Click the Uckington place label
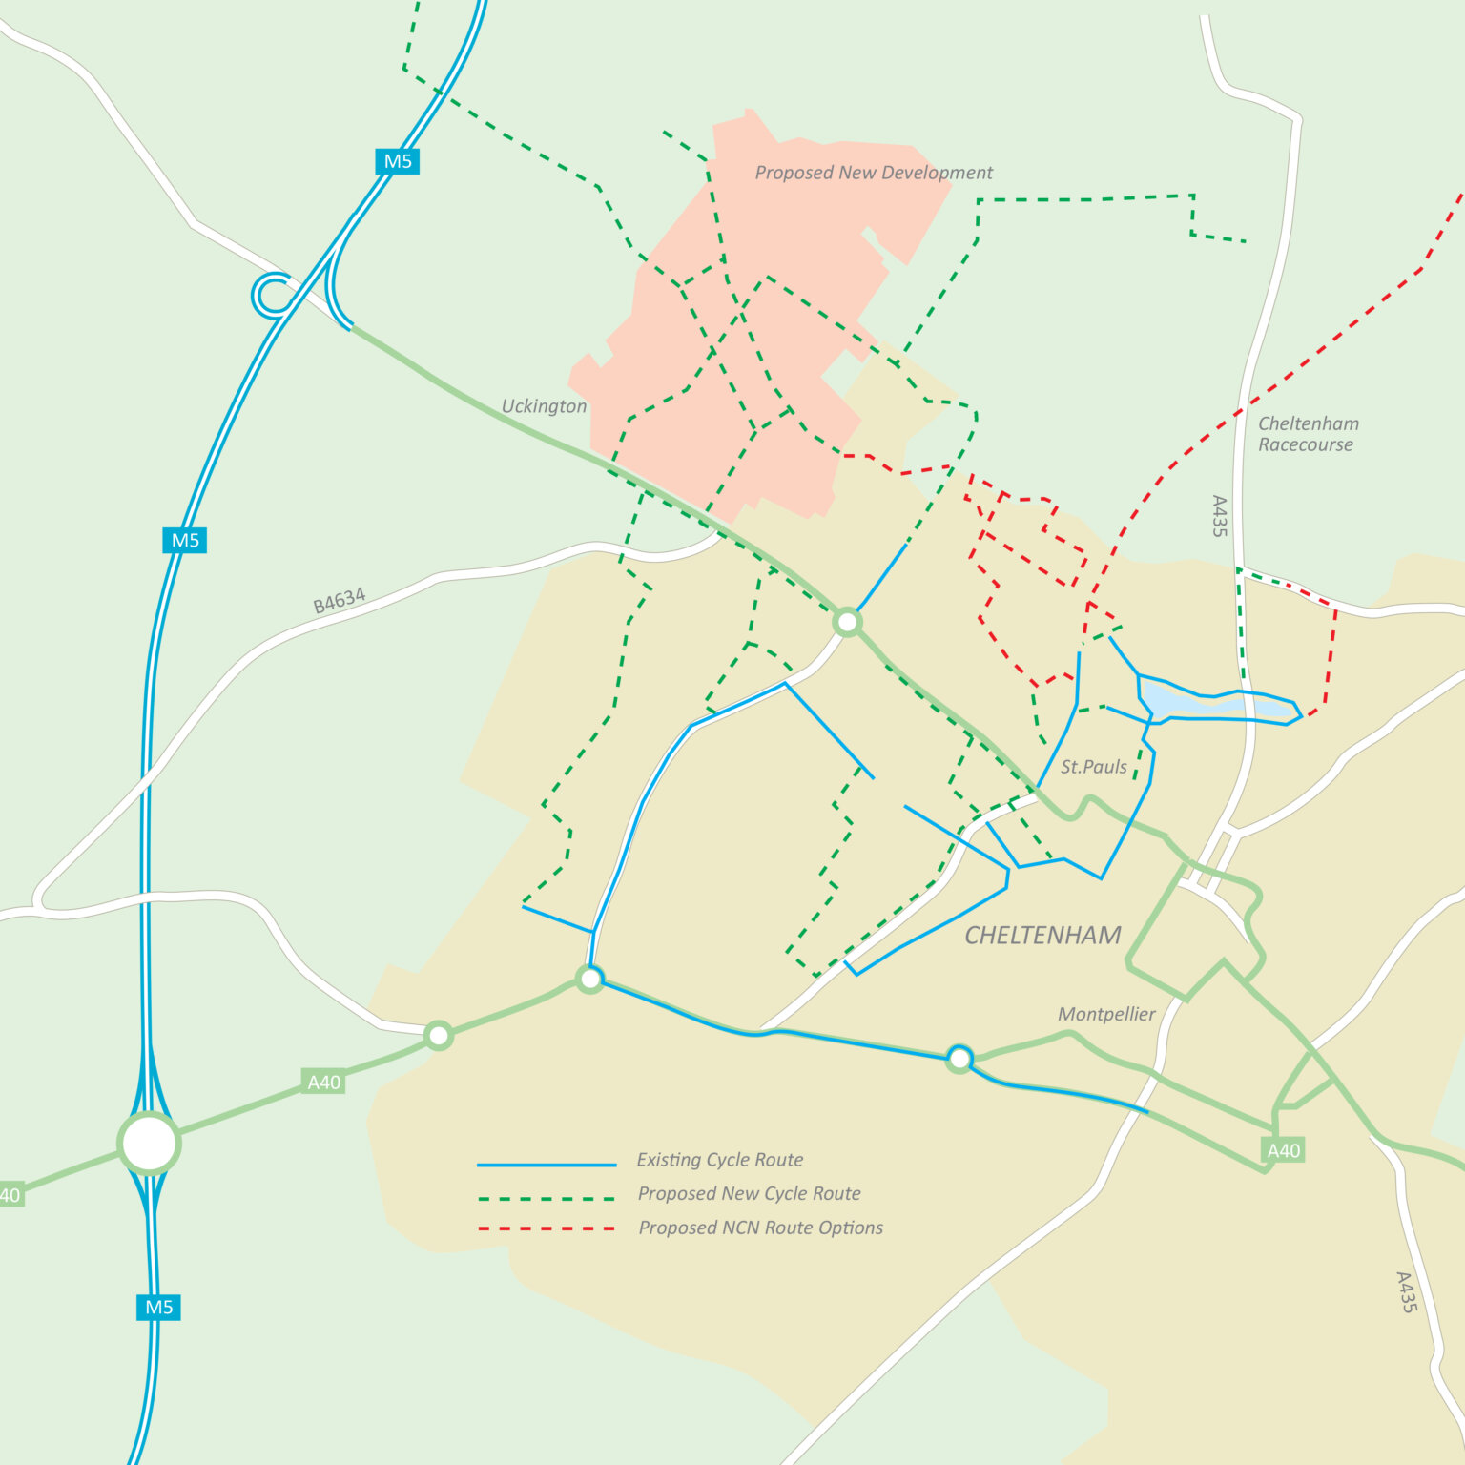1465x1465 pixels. click(544, 406)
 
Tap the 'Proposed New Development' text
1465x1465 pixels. click(874, 173)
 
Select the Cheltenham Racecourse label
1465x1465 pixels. click(1308, 434)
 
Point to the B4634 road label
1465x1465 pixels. click(340, 601)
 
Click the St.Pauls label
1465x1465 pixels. click(1093, 767)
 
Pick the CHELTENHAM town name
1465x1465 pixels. click(1042, 936)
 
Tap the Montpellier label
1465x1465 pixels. click(1106, 1015)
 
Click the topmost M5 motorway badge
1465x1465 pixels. click(397, 161)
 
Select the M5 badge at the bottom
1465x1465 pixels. click(158, 1307)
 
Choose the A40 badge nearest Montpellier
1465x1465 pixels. click(1283, 1150)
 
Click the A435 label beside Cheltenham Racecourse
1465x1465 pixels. click(1219, 516)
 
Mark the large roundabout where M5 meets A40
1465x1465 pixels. click(149, 1143)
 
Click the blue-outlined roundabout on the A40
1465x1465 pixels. click(959, 1059)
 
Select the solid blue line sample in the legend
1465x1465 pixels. click(547, 1165)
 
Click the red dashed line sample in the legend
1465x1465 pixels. click(547, 1228)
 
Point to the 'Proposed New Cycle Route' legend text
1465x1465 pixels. click(749, 1194)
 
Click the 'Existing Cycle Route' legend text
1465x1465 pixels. click(720, 1160)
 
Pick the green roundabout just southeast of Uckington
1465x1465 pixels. click(847, 623)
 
